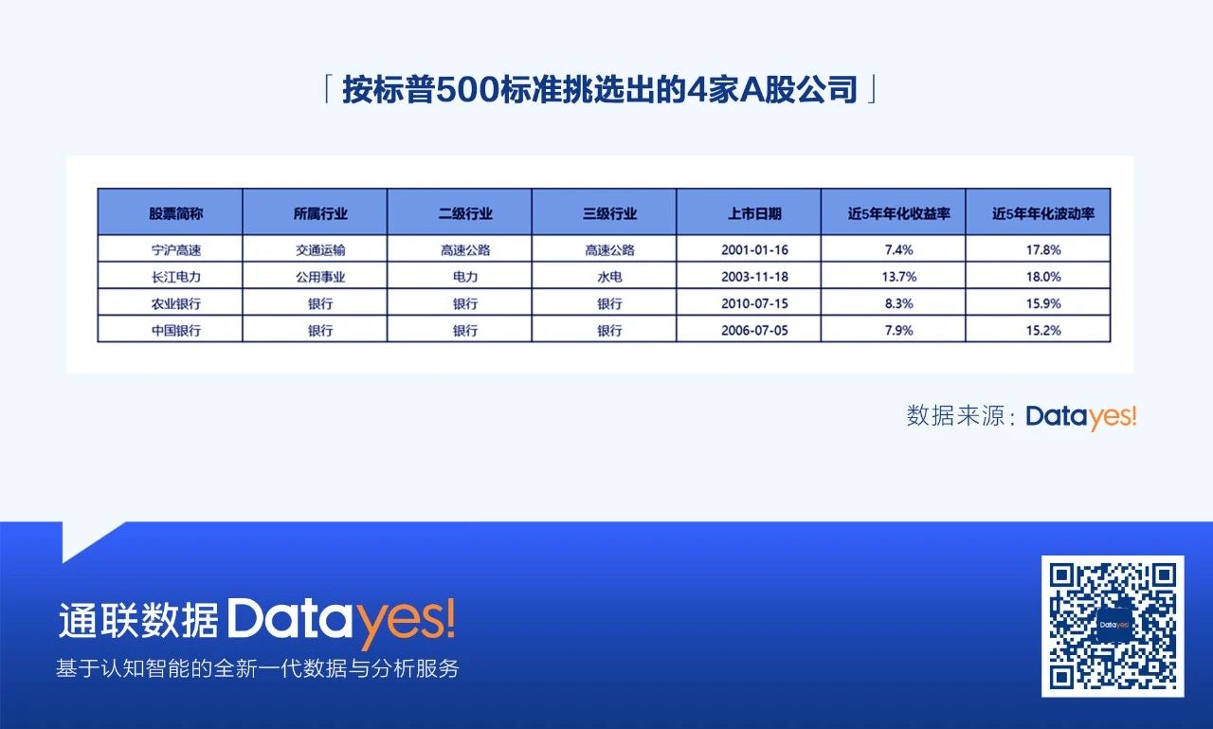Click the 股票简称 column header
(x=176, y=214)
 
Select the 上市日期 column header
(x=754, y=214)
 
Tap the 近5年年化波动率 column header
(x=1043, y=214)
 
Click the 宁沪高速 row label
(x=176, y=250)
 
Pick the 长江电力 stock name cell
(x=176, y=277)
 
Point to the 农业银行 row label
(x=176, y=303)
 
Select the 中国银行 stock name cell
(x=176, y=331)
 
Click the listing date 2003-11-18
(x=754, y=277)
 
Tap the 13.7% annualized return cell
(x=899, y=277)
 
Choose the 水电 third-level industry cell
(x=609, y=277)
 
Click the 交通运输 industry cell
(x=320, y=250)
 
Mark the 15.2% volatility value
(x=1043, y=331)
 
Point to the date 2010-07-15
(x=754, y=303)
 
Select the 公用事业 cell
(x=320, y=277)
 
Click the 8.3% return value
(x=899, y=303)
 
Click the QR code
(x=1113, y=626)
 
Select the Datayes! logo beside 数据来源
(x=1081, y=416)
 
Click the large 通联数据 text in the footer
(x=138, y=620)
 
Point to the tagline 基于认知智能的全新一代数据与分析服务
(x=257, y=668)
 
